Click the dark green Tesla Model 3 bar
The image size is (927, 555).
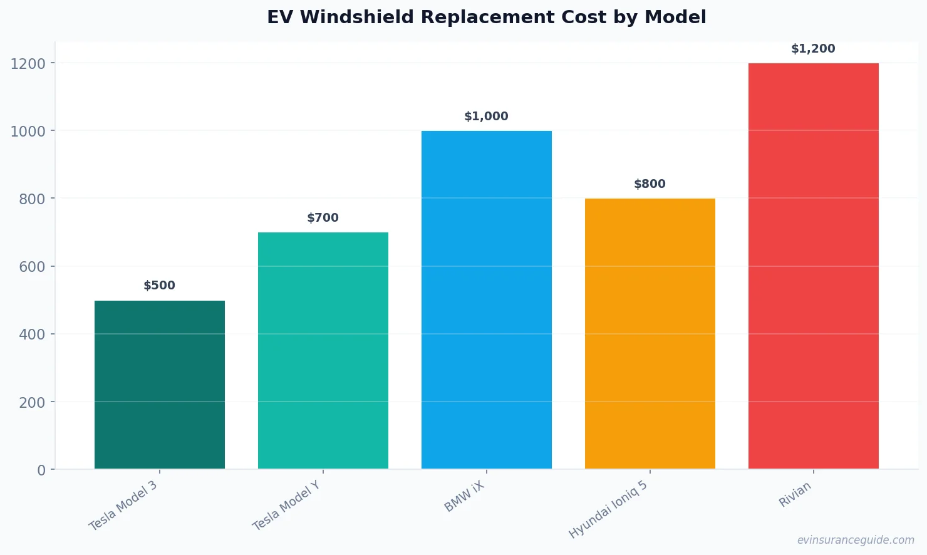(160, 385)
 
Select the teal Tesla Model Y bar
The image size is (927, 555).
(323, 351)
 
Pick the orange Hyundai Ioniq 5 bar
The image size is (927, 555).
(650, 333)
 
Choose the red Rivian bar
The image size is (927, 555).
(814, 266)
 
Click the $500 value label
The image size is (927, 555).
(160, 286)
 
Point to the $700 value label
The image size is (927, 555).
(323, 218)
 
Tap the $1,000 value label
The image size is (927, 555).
(487, 117)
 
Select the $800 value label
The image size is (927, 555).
(650, 184)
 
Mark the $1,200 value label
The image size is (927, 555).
(814, 49)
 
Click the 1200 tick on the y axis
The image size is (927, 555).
(28, 64)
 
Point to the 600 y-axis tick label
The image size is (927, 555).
(33, 267)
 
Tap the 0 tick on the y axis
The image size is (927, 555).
(41, 470)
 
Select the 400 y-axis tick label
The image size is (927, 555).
(33, 335)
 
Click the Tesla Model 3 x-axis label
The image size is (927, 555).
(123, 506)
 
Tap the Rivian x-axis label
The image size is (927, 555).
(795, 494)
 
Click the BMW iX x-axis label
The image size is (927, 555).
(465, 497)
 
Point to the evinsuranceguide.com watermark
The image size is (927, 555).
(856, 540)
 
